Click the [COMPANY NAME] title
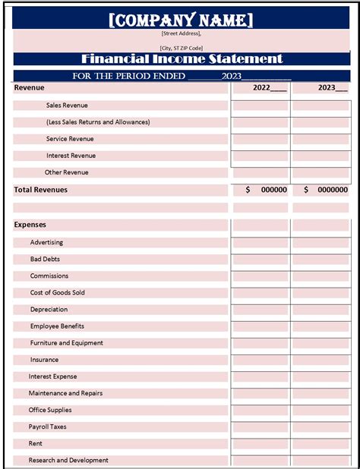pos(181,20)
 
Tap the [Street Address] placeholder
pos(182,33)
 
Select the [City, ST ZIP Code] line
pos(182,48)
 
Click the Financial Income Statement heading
pos(182,58)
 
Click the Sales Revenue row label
pos(67,105)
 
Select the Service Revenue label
pos(69,139)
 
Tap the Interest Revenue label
pos(71,156)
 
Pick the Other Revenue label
pos(66,172)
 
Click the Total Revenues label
pos(41,190)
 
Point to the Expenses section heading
pos(30,225)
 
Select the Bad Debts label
pos(45,259)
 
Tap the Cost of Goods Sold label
pos(58,292)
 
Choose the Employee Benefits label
pos(57,326)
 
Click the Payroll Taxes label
pos(48,427)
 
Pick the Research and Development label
pos(68,460)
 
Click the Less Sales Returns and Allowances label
pos(98,122)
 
